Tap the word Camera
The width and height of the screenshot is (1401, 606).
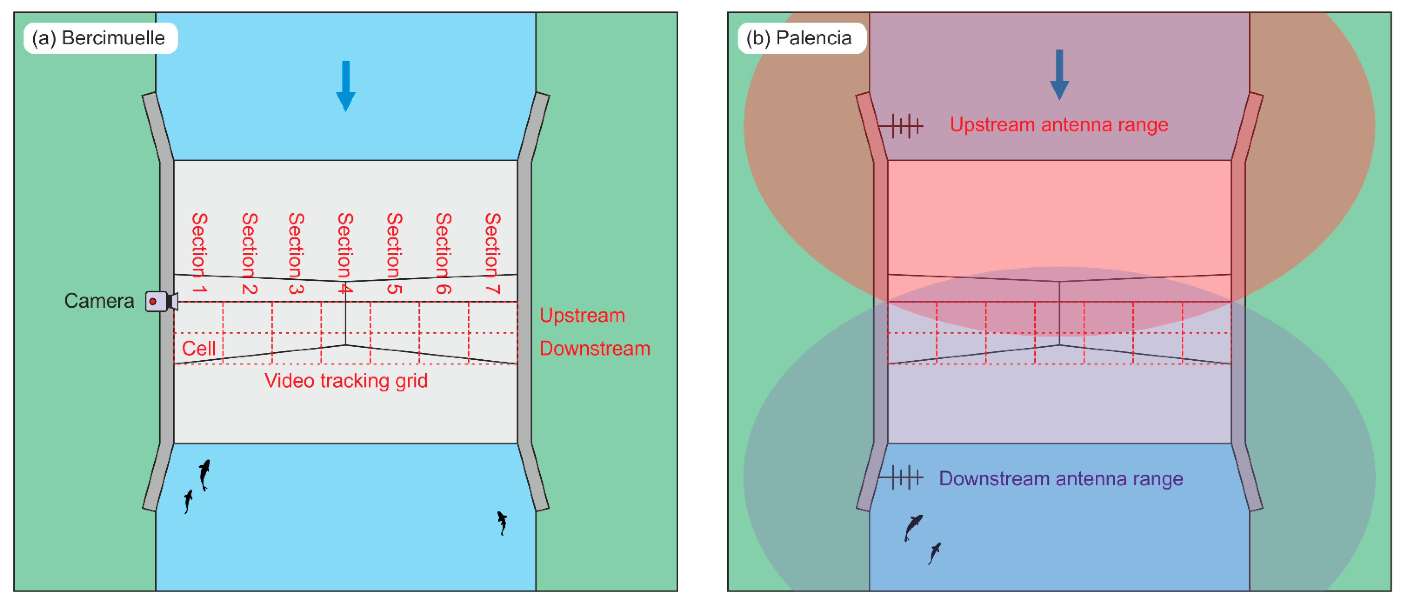99,301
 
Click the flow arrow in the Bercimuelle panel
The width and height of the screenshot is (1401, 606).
345,86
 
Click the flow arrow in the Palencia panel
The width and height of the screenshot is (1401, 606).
1059,75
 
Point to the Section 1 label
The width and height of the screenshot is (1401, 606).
199,253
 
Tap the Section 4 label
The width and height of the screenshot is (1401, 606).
345,253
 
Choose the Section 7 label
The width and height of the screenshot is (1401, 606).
492,253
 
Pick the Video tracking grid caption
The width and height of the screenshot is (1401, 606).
346,381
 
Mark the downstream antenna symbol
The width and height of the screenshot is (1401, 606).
901,478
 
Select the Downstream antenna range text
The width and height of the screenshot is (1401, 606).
1061,479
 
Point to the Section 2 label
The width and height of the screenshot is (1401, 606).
249,253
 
